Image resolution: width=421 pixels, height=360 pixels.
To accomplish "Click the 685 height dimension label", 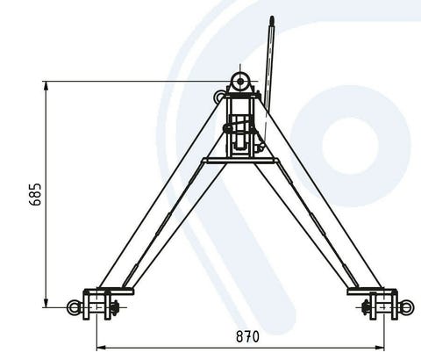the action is click(36, 195).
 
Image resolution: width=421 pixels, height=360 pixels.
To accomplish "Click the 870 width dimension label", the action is click(247, 336).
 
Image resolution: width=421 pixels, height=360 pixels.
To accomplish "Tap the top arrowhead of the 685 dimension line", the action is click(46, 87).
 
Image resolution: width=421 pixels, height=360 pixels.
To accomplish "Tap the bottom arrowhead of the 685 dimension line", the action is click(46, 302).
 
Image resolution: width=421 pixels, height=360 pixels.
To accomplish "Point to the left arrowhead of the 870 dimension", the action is click(101, 348).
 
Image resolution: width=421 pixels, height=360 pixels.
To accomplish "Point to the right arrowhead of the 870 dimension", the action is click(380, 348).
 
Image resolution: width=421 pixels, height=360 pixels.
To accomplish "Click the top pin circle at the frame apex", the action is click(240, 82).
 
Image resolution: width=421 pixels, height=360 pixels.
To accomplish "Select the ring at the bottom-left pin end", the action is click(73, 307).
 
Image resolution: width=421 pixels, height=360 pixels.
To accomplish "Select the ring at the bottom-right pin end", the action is click(407, 307).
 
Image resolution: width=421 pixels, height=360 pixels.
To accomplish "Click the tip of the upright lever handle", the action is click(272, 18).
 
